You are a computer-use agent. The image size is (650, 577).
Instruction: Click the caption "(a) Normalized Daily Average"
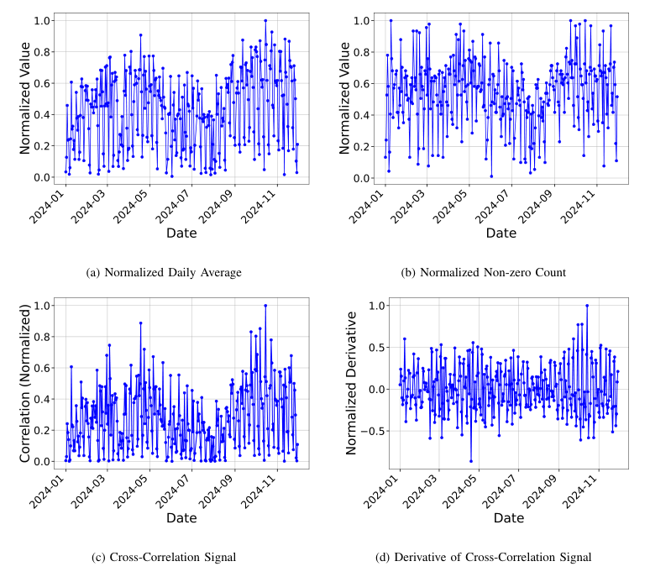pyautogui.click(x=165, y=272)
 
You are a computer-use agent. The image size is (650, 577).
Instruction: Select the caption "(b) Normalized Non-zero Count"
pyautogui.click(x=490, y=272)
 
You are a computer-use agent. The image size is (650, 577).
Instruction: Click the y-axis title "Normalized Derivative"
pyautogui.click(x=353, y=382)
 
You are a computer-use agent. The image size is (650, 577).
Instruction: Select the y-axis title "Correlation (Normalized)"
pyautogui.click(x=24, y=382)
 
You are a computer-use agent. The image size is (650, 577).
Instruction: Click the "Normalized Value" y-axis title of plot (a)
pyautogui.click(x=24, y=96)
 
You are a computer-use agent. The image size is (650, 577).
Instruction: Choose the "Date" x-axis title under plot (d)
pyautogui.click(x=508, y=518)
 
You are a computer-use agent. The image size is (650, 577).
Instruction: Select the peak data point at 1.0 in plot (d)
pyautogui.click(x=587, y=306)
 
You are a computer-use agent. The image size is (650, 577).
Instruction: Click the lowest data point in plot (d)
pyautogui.click(x=470, y=461)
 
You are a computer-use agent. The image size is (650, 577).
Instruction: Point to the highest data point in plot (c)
pyautogui.click(x=265, y=306)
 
